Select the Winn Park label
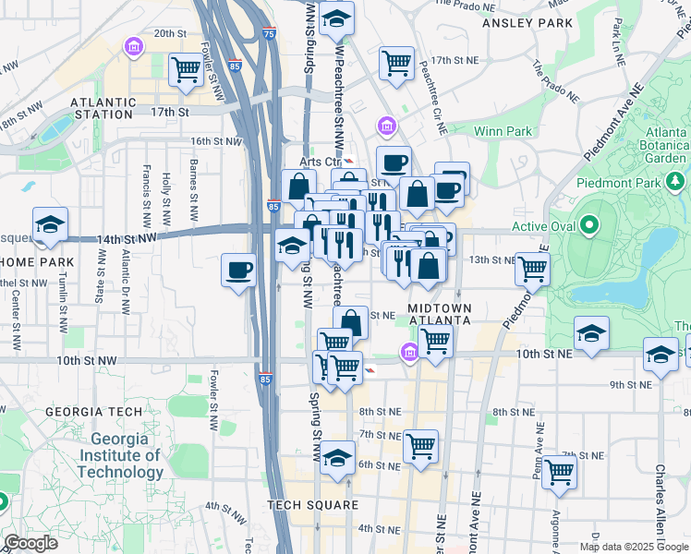[x=503, y=131]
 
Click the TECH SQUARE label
[x=312, y=504]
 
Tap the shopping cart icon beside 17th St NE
[x=396, y=63]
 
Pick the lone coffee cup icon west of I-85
[x=239, y=270]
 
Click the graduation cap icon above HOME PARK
[x=50, y=223]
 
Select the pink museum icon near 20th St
[x=135, y=46]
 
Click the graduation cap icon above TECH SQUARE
[x=337, y=457]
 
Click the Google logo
[x=31, y=543]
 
